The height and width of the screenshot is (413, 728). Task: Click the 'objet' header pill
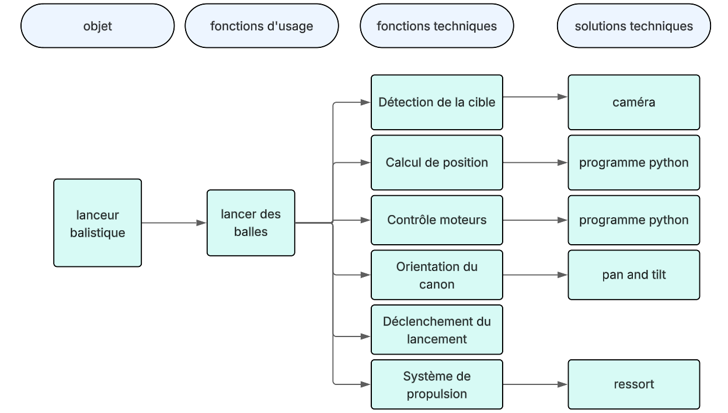click(x=97, y=26)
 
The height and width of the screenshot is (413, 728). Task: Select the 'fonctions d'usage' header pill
click(x=262, y=26)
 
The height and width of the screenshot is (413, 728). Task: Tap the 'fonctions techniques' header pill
click(x=437, y=26)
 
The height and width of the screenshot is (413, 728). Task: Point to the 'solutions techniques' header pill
click(x=634, y=26)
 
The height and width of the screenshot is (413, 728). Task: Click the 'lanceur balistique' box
click(x=97, y=223)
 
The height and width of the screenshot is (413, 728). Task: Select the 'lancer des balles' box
click(x=250, y=223)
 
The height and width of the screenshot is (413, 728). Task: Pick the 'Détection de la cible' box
click(x=437, y=102)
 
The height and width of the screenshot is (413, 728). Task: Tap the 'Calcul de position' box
click(x=437, y=162)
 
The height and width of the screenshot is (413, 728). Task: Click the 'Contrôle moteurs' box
click(x=437, y=220)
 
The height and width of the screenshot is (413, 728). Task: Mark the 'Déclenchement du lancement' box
click(x=437, y=329)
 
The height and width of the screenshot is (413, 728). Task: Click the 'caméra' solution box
click(x=633, y=102)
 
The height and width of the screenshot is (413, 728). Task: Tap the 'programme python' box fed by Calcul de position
click(x=633, y=162)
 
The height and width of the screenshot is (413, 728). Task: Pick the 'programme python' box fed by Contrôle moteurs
click(x=633, y=220)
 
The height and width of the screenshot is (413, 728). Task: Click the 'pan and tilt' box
click(x=633, y=275)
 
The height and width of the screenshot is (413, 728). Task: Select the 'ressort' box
click(x=633, y=384)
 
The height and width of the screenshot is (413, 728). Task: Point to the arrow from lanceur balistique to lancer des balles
click(x=174, y=223)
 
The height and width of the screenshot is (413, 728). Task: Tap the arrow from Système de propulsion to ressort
click(x=535, y=384)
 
